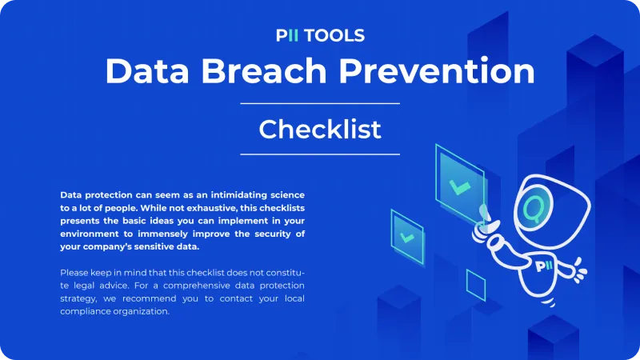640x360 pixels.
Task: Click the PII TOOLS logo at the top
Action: point(320,35)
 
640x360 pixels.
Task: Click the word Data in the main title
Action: point(147,71)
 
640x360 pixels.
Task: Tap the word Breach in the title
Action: point(264,71)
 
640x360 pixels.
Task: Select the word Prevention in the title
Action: point(437,71)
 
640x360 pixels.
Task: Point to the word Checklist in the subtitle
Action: point(320,130)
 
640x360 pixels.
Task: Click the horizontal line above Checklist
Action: point(320,104)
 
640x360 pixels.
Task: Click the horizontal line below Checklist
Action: point(320,154)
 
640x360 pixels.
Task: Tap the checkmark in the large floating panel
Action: point(460,188)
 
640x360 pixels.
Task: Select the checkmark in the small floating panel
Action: point(407,237)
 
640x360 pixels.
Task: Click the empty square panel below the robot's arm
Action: point(476,286)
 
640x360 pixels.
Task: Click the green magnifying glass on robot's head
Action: point(532,209)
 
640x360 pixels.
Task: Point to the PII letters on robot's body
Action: point(544,266)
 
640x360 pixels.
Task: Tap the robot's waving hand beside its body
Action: point(580,270)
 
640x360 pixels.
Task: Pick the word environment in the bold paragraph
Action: point(90,234)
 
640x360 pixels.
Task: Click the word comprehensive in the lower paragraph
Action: point(197,286)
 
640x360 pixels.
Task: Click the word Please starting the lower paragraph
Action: point(74,273)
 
